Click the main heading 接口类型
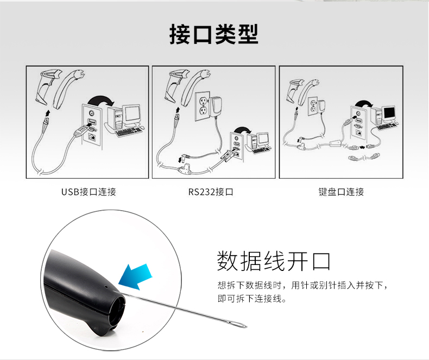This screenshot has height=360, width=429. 214,34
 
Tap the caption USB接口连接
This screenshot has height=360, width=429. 89,192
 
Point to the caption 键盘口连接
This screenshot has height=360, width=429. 341,192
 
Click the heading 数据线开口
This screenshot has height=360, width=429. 274,261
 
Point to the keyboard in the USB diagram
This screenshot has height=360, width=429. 129,131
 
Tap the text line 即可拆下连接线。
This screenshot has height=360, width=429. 251,299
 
